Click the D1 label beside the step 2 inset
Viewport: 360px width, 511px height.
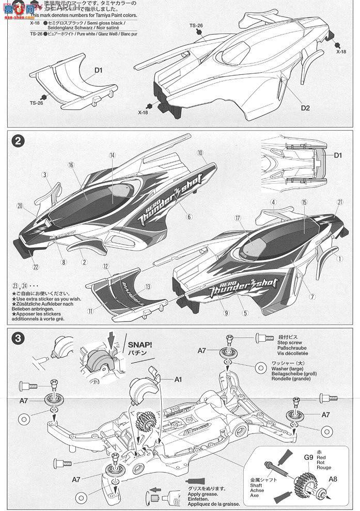(338, 155)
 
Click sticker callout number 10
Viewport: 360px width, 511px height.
(200, 153)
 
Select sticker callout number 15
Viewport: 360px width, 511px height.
(304, 202)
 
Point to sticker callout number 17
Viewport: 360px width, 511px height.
(238, 219)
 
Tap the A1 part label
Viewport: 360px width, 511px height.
(178, 379)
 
